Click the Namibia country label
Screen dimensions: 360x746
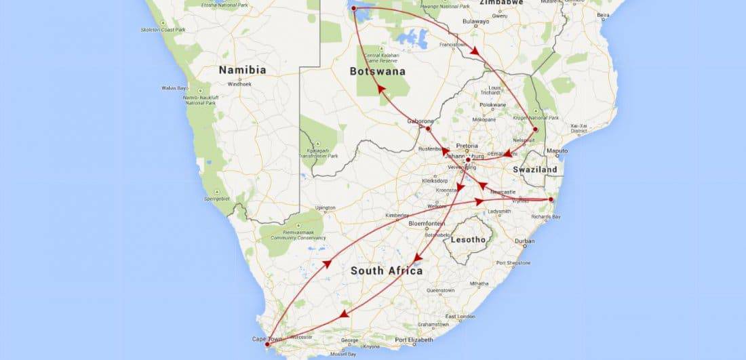pos(241,70)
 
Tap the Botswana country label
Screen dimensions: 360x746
pos(378,71)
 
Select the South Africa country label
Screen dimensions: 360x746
pos(387,271)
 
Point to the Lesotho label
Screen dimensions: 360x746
pos(468,239)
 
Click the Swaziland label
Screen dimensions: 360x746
pos(534,169)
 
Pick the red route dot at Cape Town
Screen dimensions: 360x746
pos(267,344)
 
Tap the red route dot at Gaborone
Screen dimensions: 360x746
pos(428,128)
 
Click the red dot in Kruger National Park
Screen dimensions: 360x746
pos(535,129)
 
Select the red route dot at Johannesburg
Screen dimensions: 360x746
pos(468,160)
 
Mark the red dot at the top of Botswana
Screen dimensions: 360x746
pos(353,8)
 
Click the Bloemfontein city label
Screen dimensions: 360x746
pos(427,223)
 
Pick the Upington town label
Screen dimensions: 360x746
pos(325,207)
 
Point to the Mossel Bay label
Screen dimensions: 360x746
pos(342,354)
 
